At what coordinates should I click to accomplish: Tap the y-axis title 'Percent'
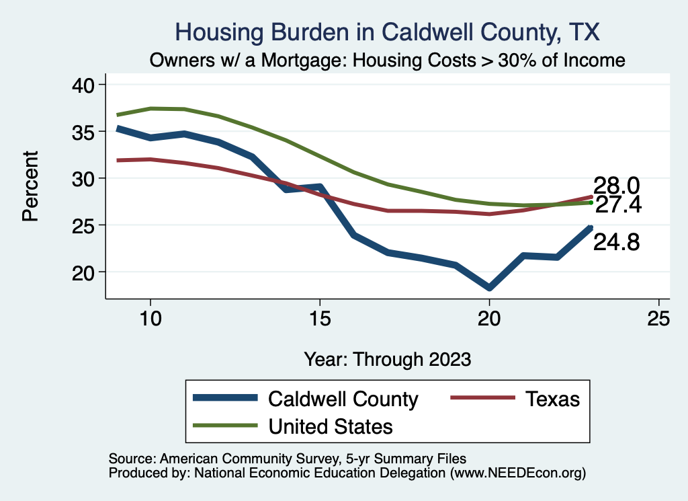point(30,186)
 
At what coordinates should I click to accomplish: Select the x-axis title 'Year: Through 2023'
point(388,358)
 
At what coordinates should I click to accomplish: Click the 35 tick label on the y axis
point(84,132)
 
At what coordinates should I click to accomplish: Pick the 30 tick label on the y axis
point(84,178)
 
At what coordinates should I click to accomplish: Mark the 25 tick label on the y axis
point(84,225)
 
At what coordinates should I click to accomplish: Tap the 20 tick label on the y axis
point(84,272)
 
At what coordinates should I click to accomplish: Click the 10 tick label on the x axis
point(150,319)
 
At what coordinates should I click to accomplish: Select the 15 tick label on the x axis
point(320,319)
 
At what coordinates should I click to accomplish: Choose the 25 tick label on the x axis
point(658,319)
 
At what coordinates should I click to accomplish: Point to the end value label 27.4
point(618,205)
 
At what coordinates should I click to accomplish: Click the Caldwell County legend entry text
point(343,399)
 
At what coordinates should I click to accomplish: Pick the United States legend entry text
point(331,426)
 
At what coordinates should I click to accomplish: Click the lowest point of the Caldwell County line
point(489,288)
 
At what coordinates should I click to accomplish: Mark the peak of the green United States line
point(150,108)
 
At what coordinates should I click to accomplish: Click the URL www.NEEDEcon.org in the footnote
point(516,473)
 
